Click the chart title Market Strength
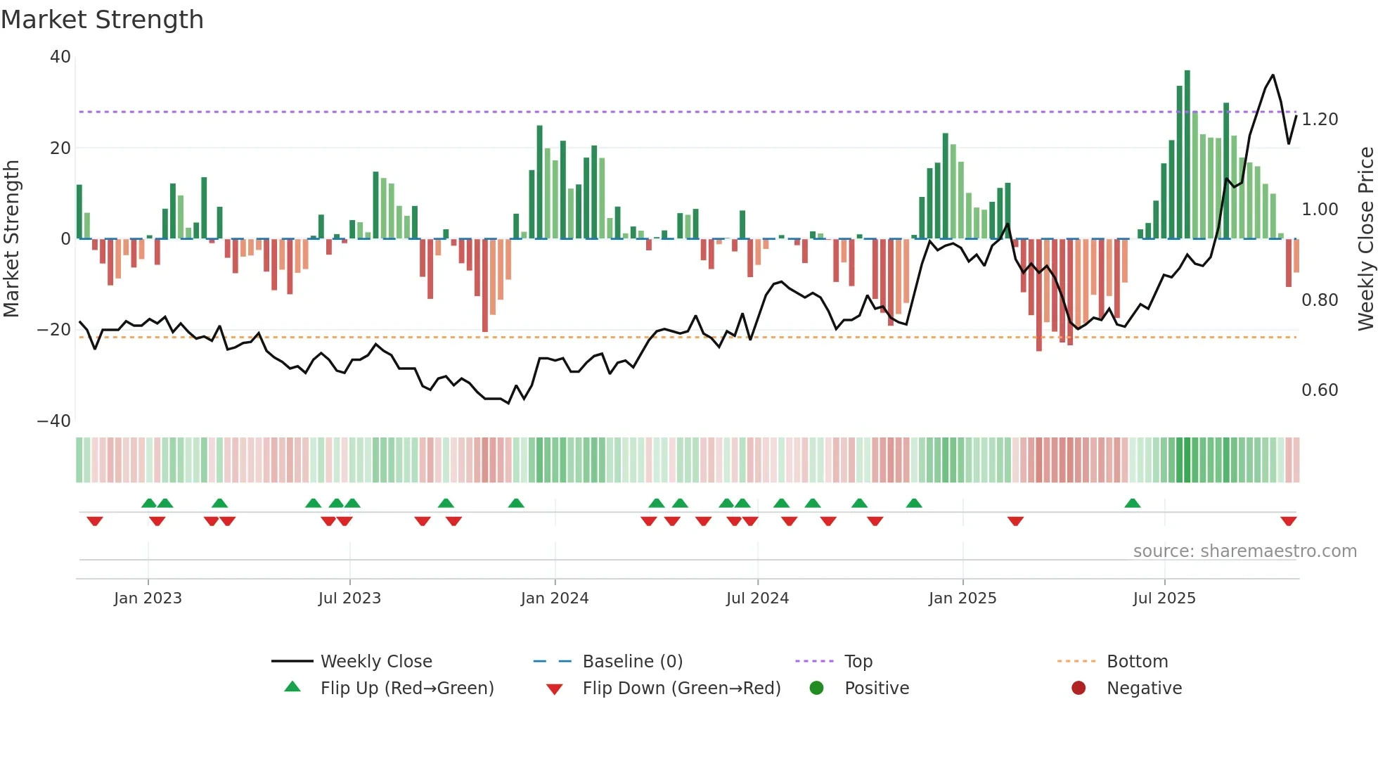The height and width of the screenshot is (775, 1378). [102, 20]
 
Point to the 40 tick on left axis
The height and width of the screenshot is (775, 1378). [60, 57]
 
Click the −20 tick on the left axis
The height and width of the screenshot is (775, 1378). [54, 330]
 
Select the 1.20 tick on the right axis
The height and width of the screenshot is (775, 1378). [1319, 120]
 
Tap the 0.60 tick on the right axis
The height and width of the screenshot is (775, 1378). [1319, 390]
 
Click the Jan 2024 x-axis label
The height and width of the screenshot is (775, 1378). [554, 598]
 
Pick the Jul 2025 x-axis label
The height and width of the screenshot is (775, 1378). [1164, 598]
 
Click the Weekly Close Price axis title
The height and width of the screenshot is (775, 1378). [1365, 239]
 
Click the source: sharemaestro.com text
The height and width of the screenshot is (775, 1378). [1244, 551]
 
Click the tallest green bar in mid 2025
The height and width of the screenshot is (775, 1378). [1187, 155]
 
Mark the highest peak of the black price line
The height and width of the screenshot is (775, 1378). [1273, 75]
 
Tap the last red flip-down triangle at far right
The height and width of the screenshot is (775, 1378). [1288, 521]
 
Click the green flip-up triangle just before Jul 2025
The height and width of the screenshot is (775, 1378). [1132, 503]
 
